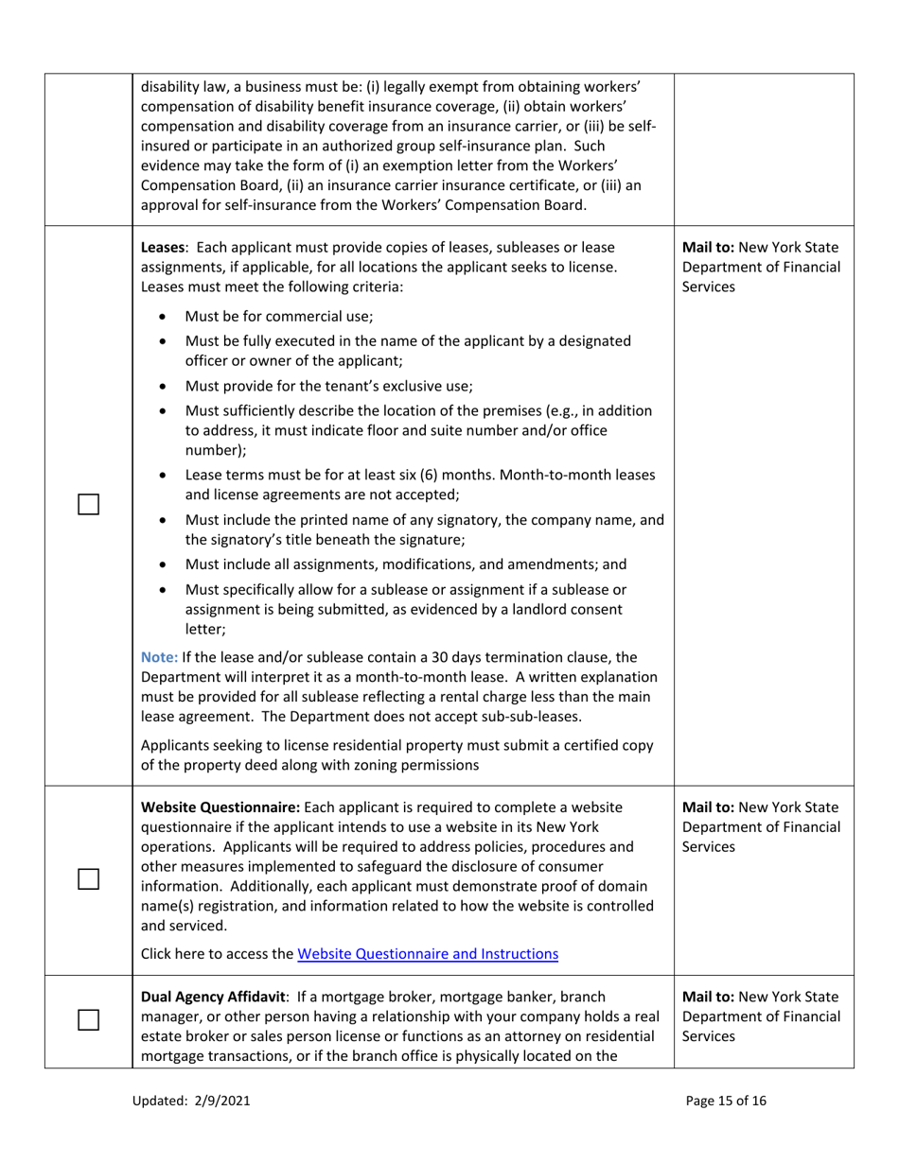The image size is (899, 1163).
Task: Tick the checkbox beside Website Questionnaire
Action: coord(88,878)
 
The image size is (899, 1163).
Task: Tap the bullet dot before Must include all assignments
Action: coord(166,566)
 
